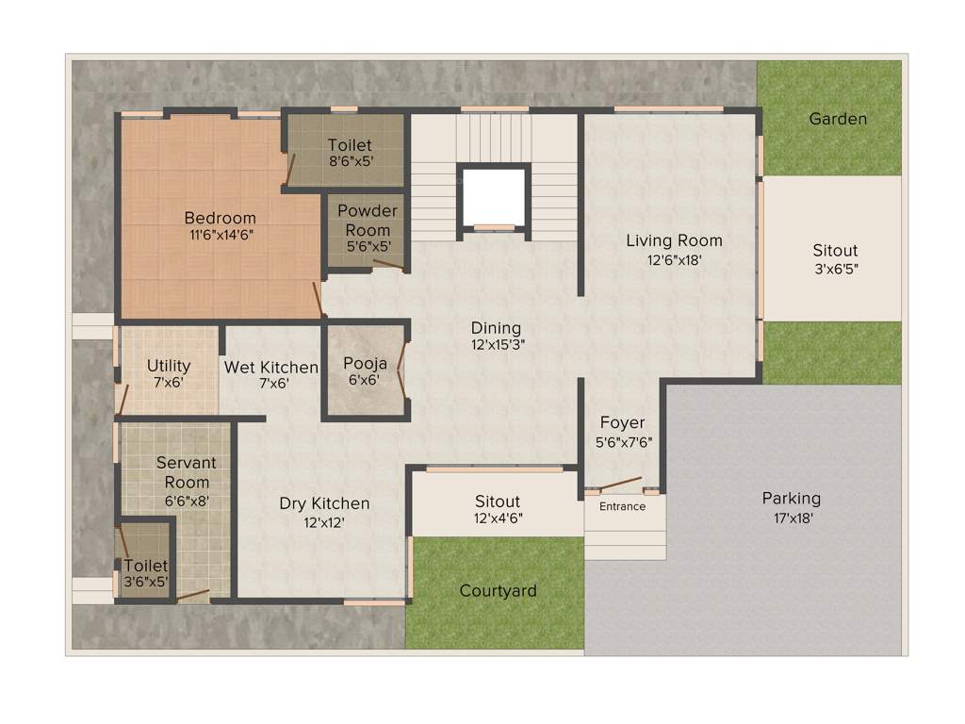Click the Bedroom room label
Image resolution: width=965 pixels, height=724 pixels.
coord(220,218)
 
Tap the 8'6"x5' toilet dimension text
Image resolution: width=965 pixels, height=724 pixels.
coord(350,162)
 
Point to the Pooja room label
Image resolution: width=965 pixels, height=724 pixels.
coord(365,363)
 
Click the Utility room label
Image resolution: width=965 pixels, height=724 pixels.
coord(169,366)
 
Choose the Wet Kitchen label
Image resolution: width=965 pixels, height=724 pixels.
coord(270,367)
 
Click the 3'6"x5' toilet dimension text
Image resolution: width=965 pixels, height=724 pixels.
coord(145,582)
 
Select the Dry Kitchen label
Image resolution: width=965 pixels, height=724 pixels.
coord(324,503)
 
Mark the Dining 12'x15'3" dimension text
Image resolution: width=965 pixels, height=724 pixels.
coord(497,344)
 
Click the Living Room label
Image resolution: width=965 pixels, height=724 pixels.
coord(674,240)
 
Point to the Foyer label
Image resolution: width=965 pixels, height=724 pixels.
coord(622,423)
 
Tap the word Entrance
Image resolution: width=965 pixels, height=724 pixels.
coord(623,506)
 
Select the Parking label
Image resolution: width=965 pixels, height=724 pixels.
coord(791,498)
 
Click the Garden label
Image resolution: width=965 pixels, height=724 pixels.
coord(838,119)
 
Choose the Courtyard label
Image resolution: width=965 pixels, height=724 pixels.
coord(498,591)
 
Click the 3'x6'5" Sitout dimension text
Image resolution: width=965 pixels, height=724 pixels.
coord(835,268)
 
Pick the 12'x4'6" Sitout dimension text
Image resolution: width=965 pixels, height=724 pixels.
coord(497,518)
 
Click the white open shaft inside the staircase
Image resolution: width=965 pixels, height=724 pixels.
coord(493,196)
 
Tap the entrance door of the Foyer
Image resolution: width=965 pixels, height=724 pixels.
coord(622,485)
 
